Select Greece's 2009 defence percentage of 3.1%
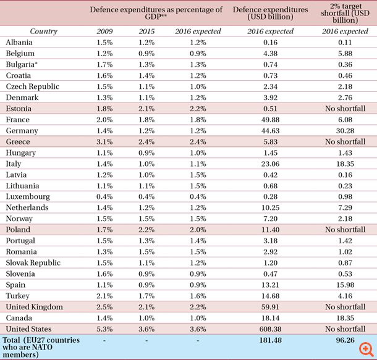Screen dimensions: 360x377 tap(105, 142)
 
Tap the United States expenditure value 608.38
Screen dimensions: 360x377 tap(270, 329)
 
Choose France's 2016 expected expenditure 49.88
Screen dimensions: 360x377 tap(270, 120)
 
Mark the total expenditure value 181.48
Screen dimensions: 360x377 tap(270, 340)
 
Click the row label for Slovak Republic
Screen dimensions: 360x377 tap(33, 262)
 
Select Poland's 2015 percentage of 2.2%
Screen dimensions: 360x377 tap(146, 230)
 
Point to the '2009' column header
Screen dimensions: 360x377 tap(105, 31)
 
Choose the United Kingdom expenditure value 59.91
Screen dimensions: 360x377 tap(270, 307)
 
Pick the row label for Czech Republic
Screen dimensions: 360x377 tap(32, 86)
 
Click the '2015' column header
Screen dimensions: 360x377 tap(146, 31)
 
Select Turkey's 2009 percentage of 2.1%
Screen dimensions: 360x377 tap(105, 296)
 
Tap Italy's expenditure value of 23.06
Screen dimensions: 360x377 tap(270, 164)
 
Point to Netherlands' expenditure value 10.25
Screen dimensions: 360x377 tap(270, 207)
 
